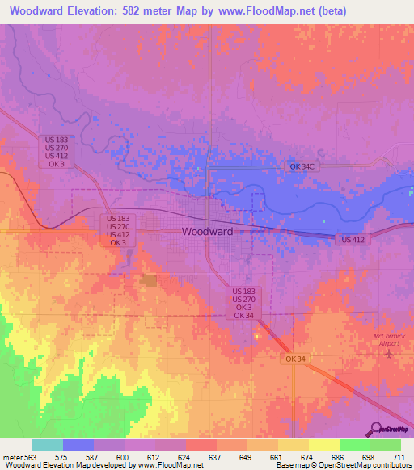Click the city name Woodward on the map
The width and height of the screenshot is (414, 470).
(207, 231)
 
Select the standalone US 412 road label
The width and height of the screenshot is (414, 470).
(353, 240)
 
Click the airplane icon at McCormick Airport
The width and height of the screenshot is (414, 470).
(390, 354)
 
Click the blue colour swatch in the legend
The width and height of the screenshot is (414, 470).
(78, 445)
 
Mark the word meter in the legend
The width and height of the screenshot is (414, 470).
(13, 456)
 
